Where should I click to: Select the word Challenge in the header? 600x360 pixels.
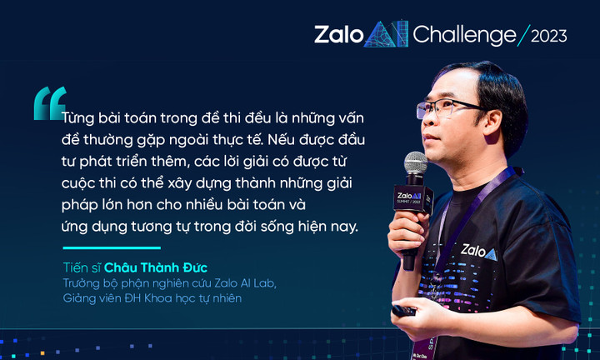click(x=463, y=35)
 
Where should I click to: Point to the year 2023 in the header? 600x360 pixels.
click(x=548, y=36)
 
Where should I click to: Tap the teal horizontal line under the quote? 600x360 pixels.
click(x=111, y=247)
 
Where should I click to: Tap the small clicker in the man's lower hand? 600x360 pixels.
click(x=404, y=311)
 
